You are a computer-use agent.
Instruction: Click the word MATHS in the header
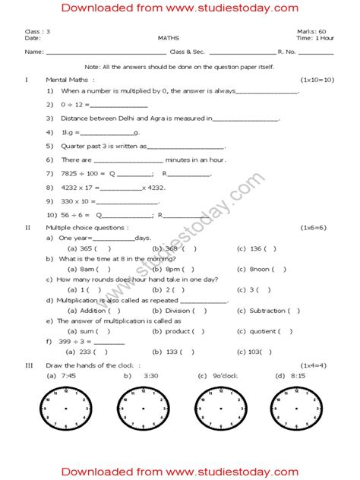(x=178, y=37)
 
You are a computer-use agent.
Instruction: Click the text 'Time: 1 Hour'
(x=314, y=37)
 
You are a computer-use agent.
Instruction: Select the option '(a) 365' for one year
(x=81, y=248)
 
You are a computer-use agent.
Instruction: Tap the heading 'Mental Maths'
(x=70, y=79)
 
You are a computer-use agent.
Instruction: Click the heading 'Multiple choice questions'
(x=87, y=227)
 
